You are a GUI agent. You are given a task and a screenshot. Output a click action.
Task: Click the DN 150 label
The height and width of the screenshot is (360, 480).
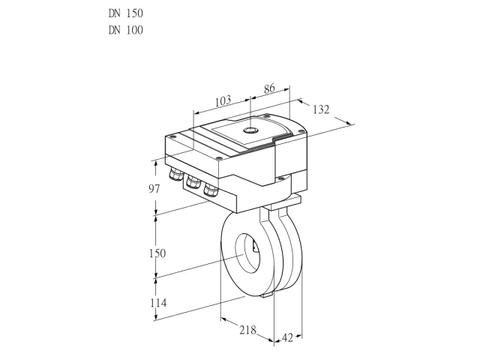click(x=126, y=13)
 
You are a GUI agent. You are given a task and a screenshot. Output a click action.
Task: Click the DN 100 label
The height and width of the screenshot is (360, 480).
click(x=126, y=30)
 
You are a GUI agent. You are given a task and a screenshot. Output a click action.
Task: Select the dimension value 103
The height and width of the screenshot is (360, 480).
click(x=223, y=100)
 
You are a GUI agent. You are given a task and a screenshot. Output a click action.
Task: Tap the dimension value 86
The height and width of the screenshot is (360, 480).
click(x=269, y=88)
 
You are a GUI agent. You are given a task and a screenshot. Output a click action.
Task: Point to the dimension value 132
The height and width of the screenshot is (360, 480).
click(x=321, y=109)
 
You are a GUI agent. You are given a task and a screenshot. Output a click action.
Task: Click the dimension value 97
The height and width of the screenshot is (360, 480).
click(x=154, y=189)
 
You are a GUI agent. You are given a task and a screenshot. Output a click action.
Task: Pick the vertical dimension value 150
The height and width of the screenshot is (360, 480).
click(x=157, y=253)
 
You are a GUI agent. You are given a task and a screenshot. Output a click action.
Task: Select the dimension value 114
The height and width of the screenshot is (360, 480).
click(x=158, y=303)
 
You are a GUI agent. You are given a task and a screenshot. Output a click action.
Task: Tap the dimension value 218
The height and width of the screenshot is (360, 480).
click(x=247, y=330)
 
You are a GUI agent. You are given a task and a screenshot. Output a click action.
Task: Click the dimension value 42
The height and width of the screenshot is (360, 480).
click(x=287, y=337)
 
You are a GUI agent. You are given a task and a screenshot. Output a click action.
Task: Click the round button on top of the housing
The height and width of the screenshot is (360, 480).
click(x=250, y=130)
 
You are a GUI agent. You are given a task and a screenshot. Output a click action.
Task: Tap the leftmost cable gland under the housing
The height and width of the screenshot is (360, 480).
click(x=176, y=173)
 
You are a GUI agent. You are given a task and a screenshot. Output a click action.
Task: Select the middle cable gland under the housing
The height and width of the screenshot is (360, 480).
click(x=193, y=181)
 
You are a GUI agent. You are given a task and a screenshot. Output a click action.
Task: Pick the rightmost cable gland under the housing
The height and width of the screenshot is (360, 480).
click(x=211, y=189)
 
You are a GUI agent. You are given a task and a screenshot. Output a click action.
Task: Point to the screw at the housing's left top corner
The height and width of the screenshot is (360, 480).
click(x=172, y=136)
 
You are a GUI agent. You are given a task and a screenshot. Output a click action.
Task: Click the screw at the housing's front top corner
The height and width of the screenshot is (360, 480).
click(x=218, y=158)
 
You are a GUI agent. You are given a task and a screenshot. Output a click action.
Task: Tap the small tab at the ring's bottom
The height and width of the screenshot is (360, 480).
click(x=267, y=295)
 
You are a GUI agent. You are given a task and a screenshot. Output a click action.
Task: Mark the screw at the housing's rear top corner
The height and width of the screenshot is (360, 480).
click(x=267, y=115)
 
